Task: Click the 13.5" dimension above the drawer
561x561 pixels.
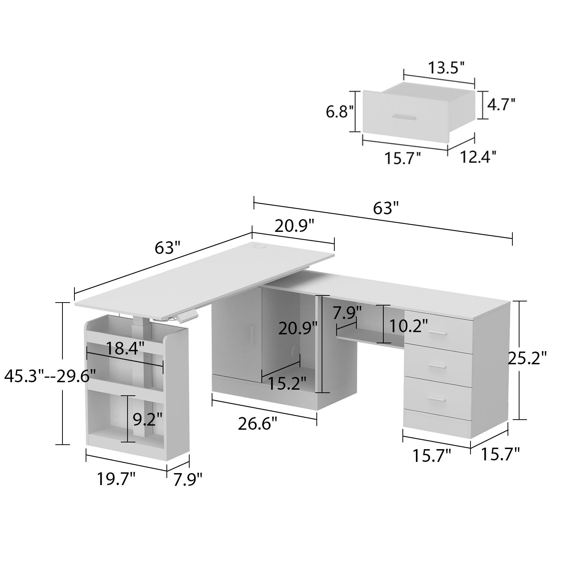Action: [x=446, y=68]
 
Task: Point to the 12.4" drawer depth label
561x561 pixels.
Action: [x=478, y=157]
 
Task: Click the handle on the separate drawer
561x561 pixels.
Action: [x=404, y=118]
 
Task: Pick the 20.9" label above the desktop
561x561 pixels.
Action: [x=294, y=226]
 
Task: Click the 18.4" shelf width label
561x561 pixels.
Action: [x=125, y=349]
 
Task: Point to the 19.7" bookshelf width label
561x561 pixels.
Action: [x=116, y=478]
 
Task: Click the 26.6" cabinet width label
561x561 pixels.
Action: [x=258, y=424]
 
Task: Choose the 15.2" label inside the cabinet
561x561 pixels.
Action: [x=288, y=383]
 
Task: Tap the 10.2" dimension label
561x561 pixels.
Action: [x=408, y=326]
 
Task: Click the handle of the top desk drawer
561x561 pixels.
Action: [x=438, y=333]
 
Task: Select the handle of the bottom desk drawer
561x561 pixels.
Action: [x=437, y=400]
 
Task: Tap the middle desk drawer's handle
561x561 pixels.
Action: [x=437, y=367]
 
